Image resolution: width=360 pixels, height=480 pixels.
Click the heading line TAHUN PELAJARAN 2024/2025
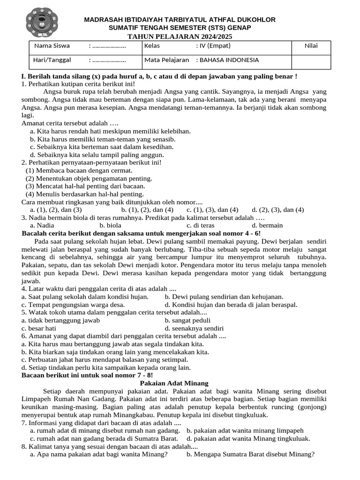point(180,36)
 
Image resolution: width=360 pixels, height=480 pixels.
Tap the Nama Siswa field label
point(52,46)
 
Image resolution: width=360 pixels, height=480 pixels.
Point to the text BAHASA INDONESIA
point(229,60)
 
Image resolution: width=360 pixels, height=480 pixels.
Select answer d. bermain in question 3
point(267,225)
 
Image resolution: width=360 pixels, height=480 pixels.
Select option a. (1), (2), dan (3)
point(56,210)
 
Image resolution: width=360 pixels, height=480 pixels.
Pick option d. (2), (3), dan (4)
point(278,210)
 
